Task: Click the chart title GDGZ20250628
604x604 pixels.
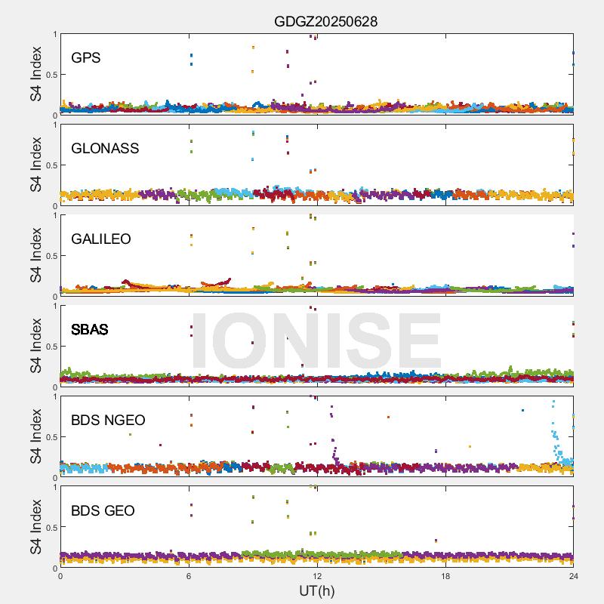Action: tap(325, 21)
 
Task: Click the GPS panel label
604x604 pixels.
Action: tap(85, 58)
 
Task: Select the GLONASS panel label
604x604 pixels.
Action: tap(105, 149)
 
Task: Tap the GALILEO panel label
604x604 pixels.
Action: tap(101, 239)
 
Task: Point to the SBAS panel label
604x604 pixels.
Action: tap(90, 330)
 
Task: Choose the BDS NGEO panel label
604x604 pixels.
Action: tap(108, 421)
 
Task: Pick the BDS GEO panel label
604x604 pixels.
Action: tap(103, 511)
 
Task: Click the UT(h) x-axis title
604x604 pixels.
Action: tap(316, 590)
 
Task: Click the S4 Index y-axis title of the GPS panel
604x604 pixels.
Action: tap(36, 74)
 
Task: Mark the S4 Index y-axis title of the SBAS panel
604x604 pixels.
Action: tap(36, 346)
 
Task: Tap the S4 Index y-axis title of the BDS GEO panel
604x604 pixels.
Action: tap(36, 527)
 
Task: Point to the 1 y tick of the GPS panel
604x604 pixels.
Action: tap(54, 35)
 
